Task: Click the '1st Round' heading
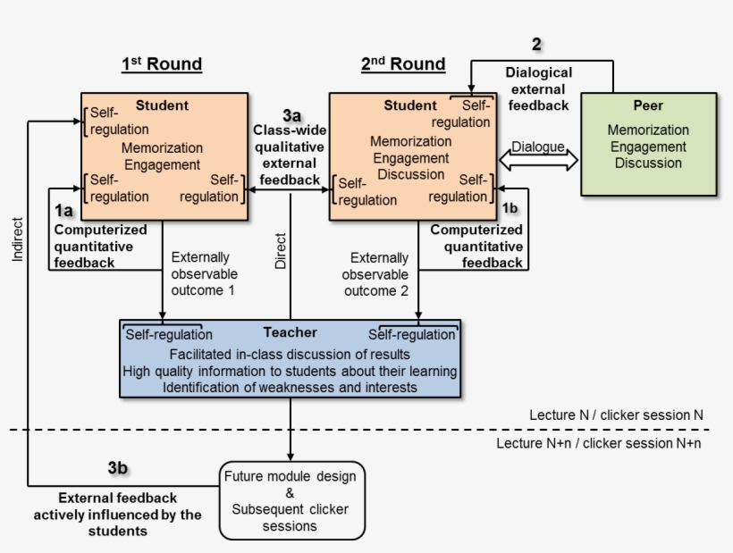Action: [162, 64]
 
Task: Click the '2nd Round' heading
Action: [403, 64]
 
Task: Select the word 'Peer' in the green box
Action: [648, 105]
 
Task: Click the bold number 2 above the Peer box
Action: [536, 44]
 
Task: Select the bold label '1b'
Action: [510, 207]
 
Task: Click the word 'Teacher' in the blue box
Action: [290, 332]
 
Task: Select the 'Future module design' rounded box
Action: [291, 499]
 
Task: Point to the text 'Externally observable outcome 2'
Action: [376, 273]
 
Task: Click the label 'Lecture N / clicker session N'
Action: [616, 415]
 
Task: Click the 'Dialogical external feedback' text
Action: [538, 88]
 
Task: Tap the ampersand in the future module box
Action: [290, 492]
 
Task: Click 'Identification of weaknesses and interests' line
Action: [290, 387]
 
